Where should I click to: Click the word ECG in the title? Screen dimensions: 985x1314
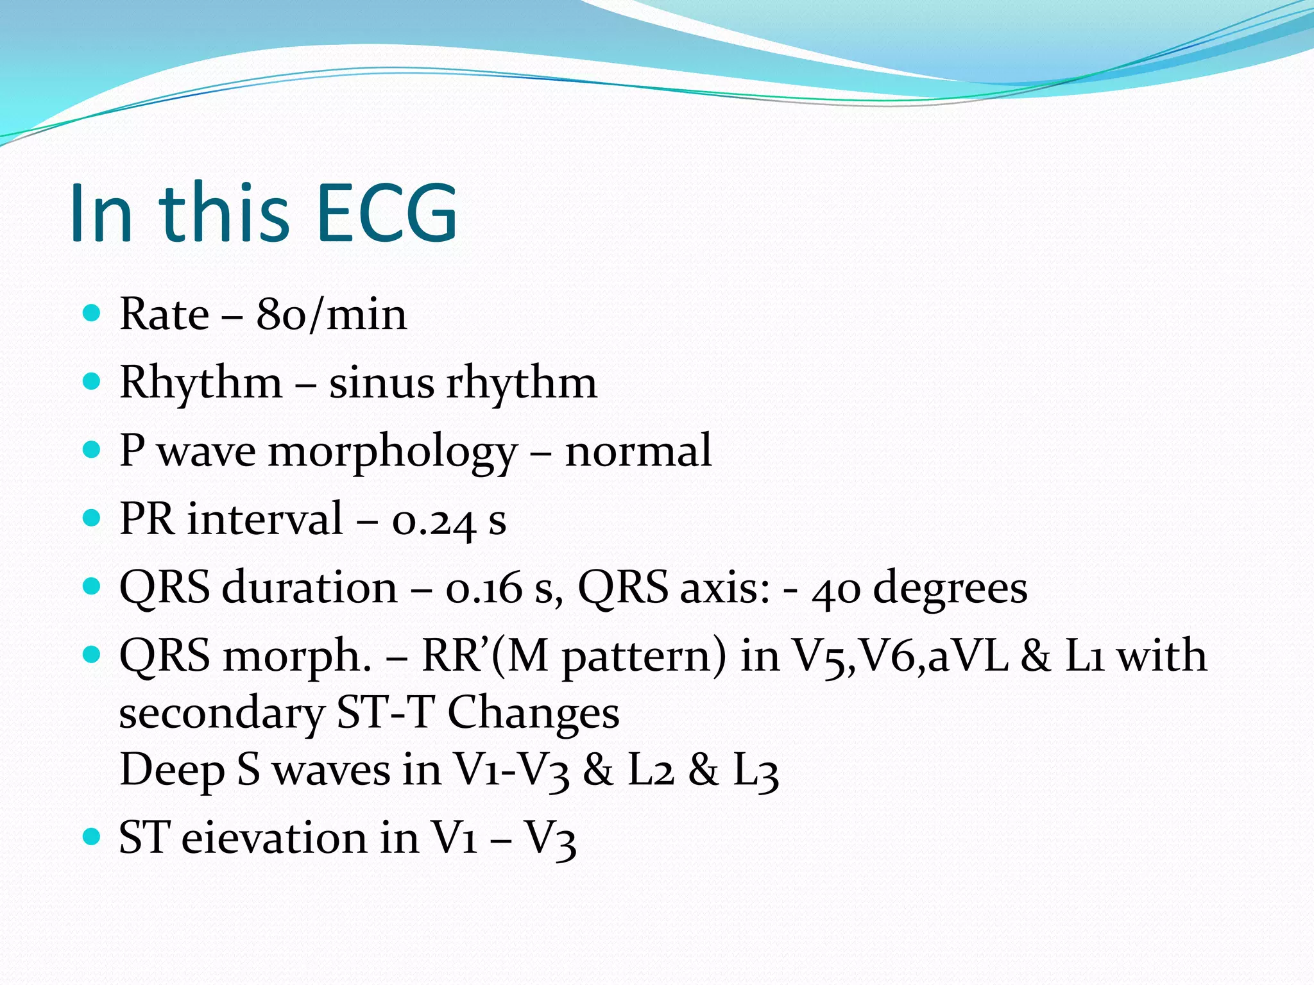pos(387,213)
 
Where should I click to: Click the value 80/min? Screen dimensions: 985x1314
pos(331,315)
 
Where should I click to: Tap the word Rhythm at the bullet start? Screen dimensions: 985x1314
pos(201,383)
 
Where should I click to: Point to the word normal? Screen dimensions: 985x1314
pos(638,451)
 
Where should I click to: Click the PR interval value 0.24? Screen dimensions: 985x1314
pos(434,520)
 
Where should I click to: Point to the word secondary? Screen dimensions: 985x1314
pos(221,714)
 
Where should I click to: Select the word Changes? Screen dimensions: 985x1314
pos(533,713)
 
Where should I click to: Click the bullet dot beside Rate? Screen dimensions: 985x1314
pos(92,314)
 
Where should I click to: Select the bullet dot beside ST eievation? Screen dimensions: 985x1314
pos(92,836)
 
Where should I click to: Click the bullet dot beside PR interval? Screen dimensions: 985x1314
pos(92,518)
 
